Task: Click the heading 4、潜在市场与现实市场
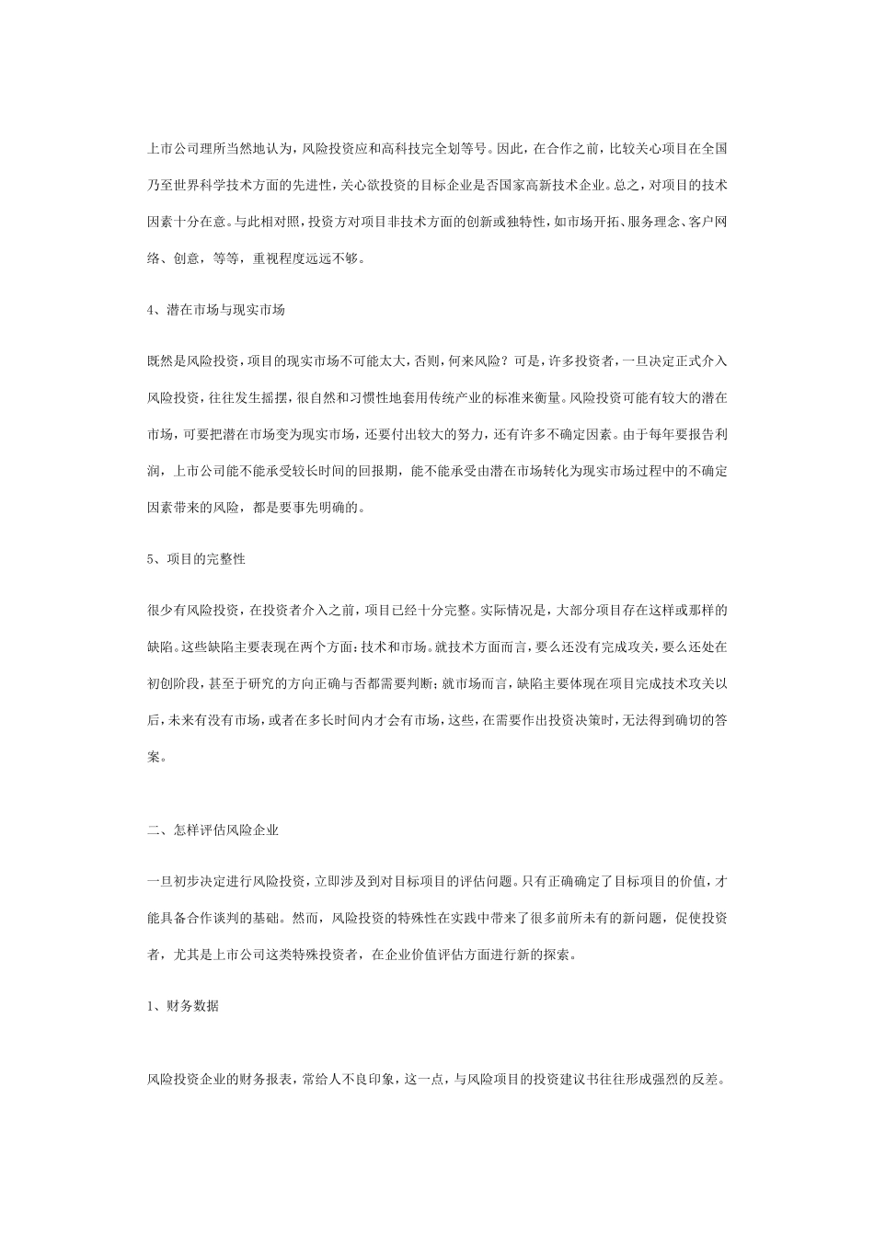(216, 310)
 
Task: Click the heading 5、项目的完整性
(196, 559)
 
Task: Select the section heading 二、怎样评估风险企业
(213, 829)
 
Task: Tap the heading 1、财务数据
(183, 1006)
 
